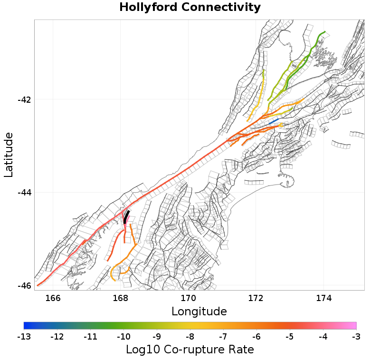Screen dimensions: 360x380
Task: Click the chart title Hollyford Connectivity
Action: click(190, 8)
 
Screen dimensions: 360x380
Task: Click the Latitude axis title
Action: click(9, 155)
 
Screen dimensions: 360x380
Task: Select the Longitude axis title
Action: click(199, 311)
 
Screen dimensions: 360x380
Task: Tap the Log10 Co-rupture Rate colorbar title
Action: click(190, 350)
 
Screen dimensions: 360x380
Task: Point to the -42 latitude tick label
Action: click(24, 100)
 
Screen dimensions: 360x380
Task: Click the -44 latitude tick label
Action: click(24, 193)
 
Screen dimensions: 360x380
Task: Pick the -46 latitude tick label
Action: click(24, 285)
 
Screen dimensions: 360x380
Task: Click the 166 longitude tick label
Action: click(53, 298)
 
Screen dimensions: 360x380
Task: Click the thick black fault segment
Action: click(126, 217)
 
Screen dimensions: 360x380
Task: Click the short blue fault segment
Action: click(274, 122)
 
